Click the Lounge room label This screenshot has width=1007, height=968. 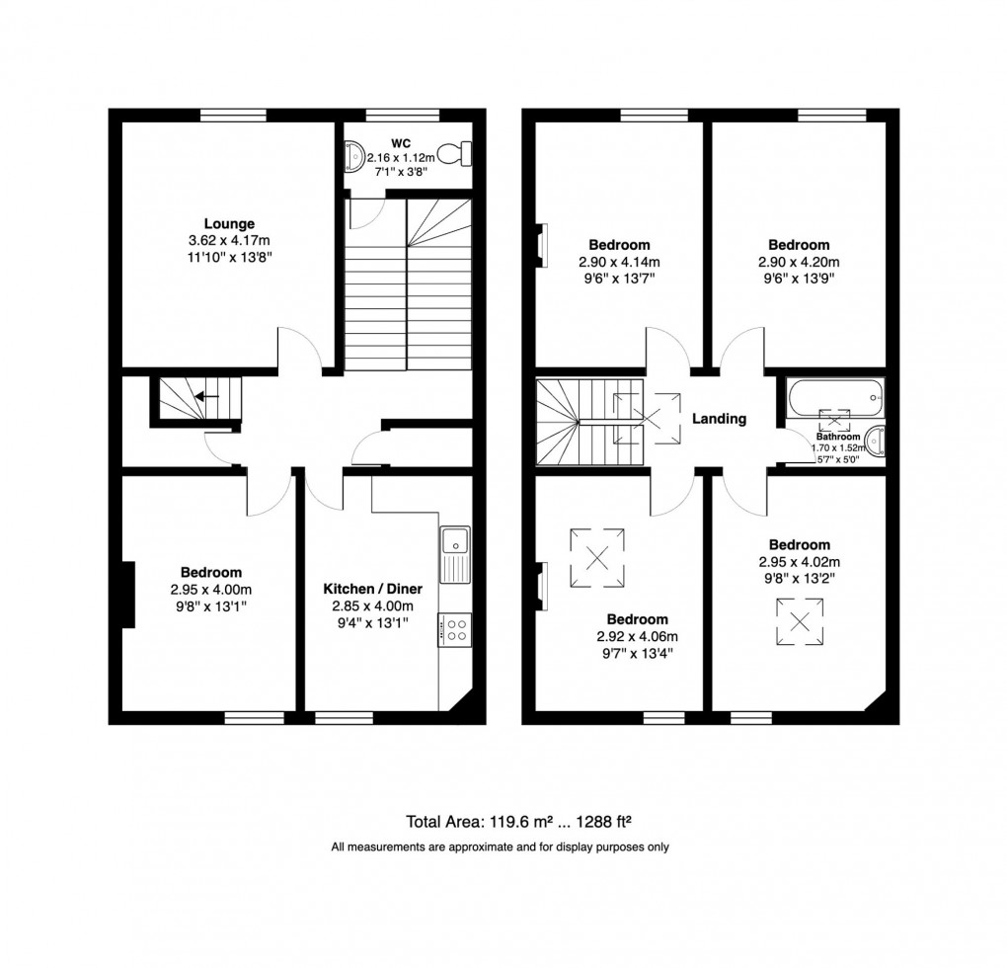230,223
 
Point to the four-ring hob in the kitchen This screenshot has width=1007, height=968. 455,629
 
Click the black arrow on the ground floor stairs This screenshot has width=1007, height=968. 207,397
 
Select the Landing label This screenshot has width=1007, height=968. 718,419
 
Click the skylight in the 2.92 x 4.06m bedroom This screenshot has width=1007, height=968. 596,558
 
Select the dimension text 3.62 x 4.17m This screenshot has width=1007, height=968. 230,240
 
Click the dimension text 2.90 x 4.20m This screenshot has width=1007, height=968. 799,262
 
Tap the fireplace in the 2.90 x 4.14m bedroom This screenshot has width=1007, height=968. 541,246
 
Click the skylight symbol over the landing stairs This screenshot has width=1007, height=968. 646,416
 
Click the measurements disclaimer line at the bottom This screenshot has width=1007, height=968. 501,847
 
